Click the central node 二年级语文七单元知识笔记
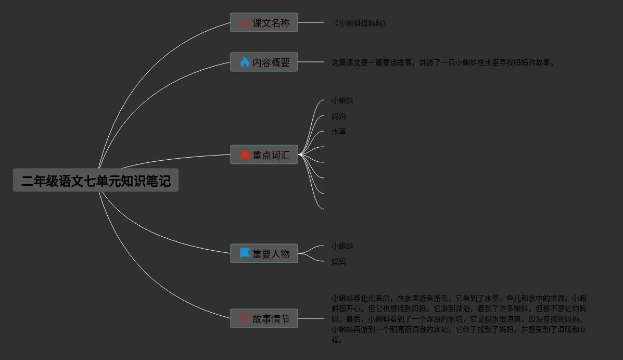[x=96, y=181]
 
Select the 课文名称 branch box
[x=264, y=23]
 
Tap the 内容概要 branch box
[x=264, y=62]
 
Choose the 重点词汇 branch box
[x=264, y=155]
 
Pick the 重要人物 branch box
[x=264, y=254]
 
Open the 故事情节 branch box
[x=264, y=318]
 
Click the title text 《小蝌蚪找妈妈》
[x=359, y=23]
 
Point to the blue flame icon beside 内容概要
[x=245, y=62]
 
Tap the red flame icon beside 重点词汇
[x=245, y=155]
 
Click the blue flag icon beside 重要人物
[x=245, y=253]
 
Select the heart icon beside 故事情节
[x=245, y=318]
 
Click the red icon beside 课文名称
[x=245, y=23]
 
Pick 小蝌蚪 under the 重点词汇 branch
[x=342, y=101]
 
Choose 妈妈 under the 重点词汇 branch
[x=339, y=117]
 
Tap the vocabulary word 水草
[x=339, y=132]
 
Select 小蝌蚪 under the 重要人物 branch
[x=342, y=247]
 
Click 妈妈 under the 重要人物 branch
[x=339, y=262]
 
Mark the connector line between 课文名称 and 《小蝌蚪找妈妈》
[x=311, y=23]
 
